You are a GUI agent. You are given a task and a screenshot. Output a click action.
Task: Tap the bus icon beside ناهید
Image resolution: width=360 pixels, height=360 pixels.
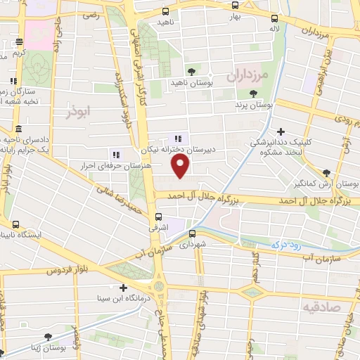point(165,11)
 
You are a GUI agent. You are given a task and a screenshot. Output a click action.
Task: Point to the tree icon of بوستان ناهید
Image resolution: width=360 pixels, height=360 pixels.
point(191,72)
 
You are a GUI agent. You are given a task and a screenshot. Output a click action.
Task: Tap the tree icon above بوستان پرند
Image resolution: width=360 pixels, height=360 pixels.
point(252,94)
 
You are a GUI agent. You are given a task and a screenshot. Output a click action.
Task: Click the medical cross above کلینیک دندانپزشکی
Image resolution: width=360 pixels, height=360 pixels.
point(281,131)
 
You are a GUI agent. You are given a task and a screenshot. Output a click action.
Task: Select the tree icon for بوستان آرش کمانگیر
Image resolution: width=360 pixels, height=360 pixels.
point(326,173)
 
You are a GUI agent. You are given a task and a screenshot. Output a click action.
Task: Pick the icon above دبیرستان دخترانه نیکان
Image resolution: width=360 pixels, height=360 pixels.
point(178,139)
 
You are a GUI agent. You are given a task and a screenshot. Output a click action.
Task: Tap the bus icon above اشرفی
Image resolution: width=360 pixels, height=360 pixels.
point(158,217)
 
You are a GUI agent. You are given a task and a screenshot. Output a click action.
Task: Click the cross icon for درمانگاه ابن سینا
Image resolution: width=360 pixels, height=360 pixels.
point(124,288)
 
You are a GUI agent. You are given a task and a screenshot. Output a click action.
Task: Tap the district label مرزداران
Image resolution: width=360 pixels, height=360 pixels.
point(245,74)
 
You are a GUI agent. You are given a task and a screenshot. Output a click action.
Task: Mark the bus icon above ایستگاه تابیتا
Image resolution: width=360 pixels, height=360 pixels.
point(12,224)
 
